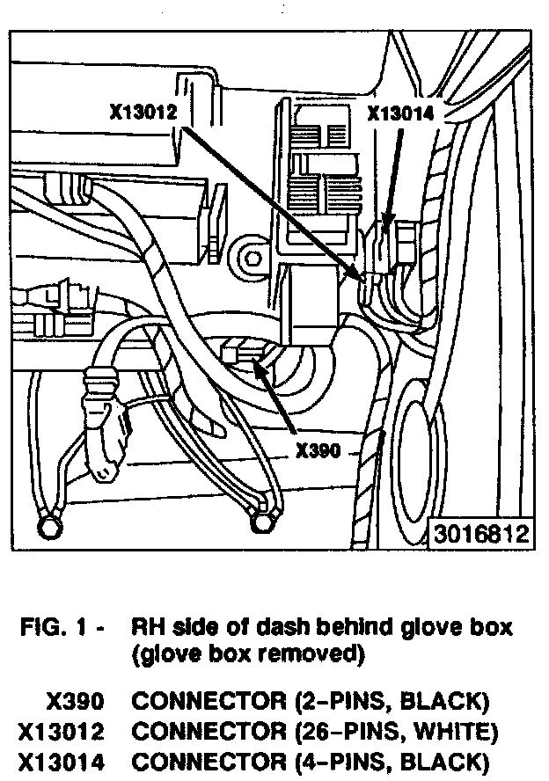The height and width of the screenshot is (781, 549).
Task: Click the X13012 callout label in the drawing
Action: [x=145, y=113]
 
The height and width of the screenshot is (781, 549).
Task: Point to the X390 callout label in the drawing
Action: [x=318, y=451]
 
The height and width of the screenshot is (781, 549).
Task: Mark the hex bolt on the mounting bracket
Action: [x=249, y=258]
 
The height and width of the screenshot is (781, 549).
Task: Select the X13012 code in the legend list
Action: [x=63, y=730]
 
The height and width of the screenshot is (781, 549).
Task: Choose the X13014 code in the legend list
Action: [x=63, y=759]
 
